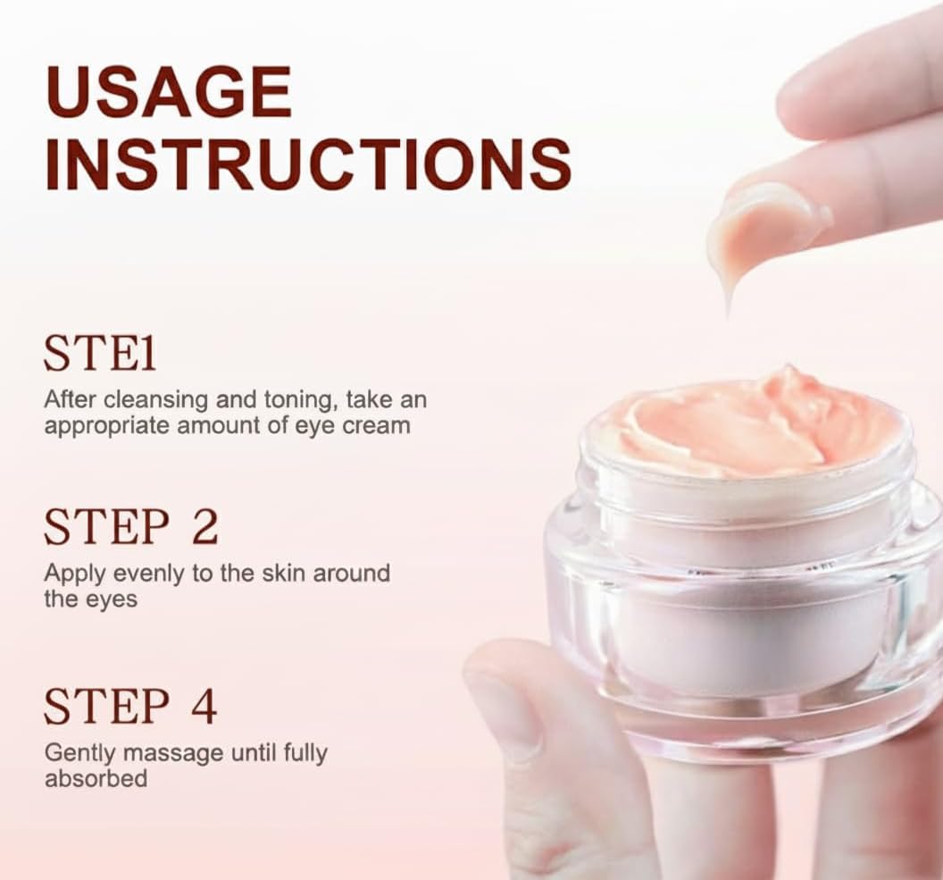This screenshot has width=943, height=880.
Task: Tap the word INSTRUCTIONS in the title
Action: pos(307,163)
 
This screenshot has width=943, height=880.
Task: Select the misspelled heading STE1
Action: pos(100,355)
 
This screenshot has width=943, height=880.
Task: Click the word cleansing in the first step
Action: pos(161,400)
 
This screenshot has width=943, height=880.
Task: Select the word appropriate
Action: pos(99,426)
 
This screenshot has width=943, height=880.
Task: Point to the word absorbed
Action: pos(96,778)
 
